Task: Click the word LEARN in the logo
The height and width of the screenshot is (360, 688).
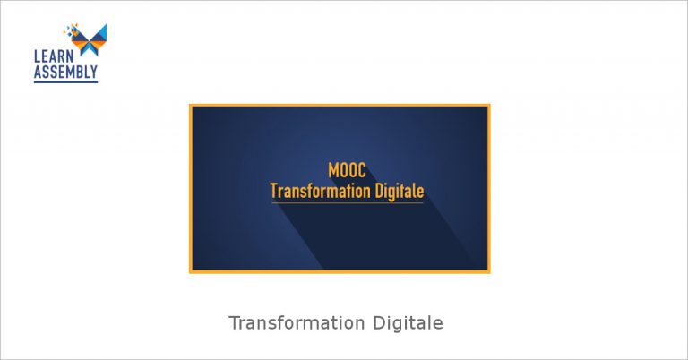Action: tap(54, 56)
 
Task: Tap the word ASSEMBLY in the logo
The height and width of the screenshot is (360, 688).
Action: tap(65, 72)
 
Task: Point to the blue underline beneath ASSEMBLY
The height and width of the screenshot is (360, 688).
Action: tap(65, 81)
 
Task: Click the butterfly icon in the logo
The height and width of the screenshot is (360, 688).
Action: tap(89, 39)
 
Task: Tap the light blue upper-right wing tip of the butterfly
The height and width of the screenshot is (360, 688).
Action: tap(106, 25)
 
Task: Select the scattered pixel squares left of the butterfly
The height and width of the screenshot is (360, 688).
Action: tap(70, 30)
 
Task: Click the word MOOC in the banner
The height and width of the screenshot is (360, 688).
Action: tap(347, 170)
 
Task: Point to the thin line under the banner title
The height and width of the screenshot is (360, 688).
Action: tap(347, 202)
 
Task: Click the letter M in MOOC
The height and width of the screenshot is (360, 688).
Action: tap(333, 170)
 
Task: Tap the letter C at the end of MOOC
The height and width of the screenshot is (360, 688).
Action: tap(361, 170)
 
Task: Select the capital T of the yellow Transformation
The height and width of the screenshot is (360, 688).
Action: tap(274, 191)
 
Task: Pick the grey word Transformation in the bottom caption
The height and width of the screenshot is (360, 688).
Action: tap(297, 323)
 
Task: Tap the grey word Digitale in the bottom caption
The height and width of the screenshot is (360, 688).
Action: tap(408, 323)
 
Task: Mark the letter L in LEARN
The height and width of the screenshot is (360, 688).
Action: tap(38, 56)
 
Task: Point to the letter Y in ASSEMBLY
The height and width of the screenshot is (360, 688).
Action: tap(93, 72)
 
